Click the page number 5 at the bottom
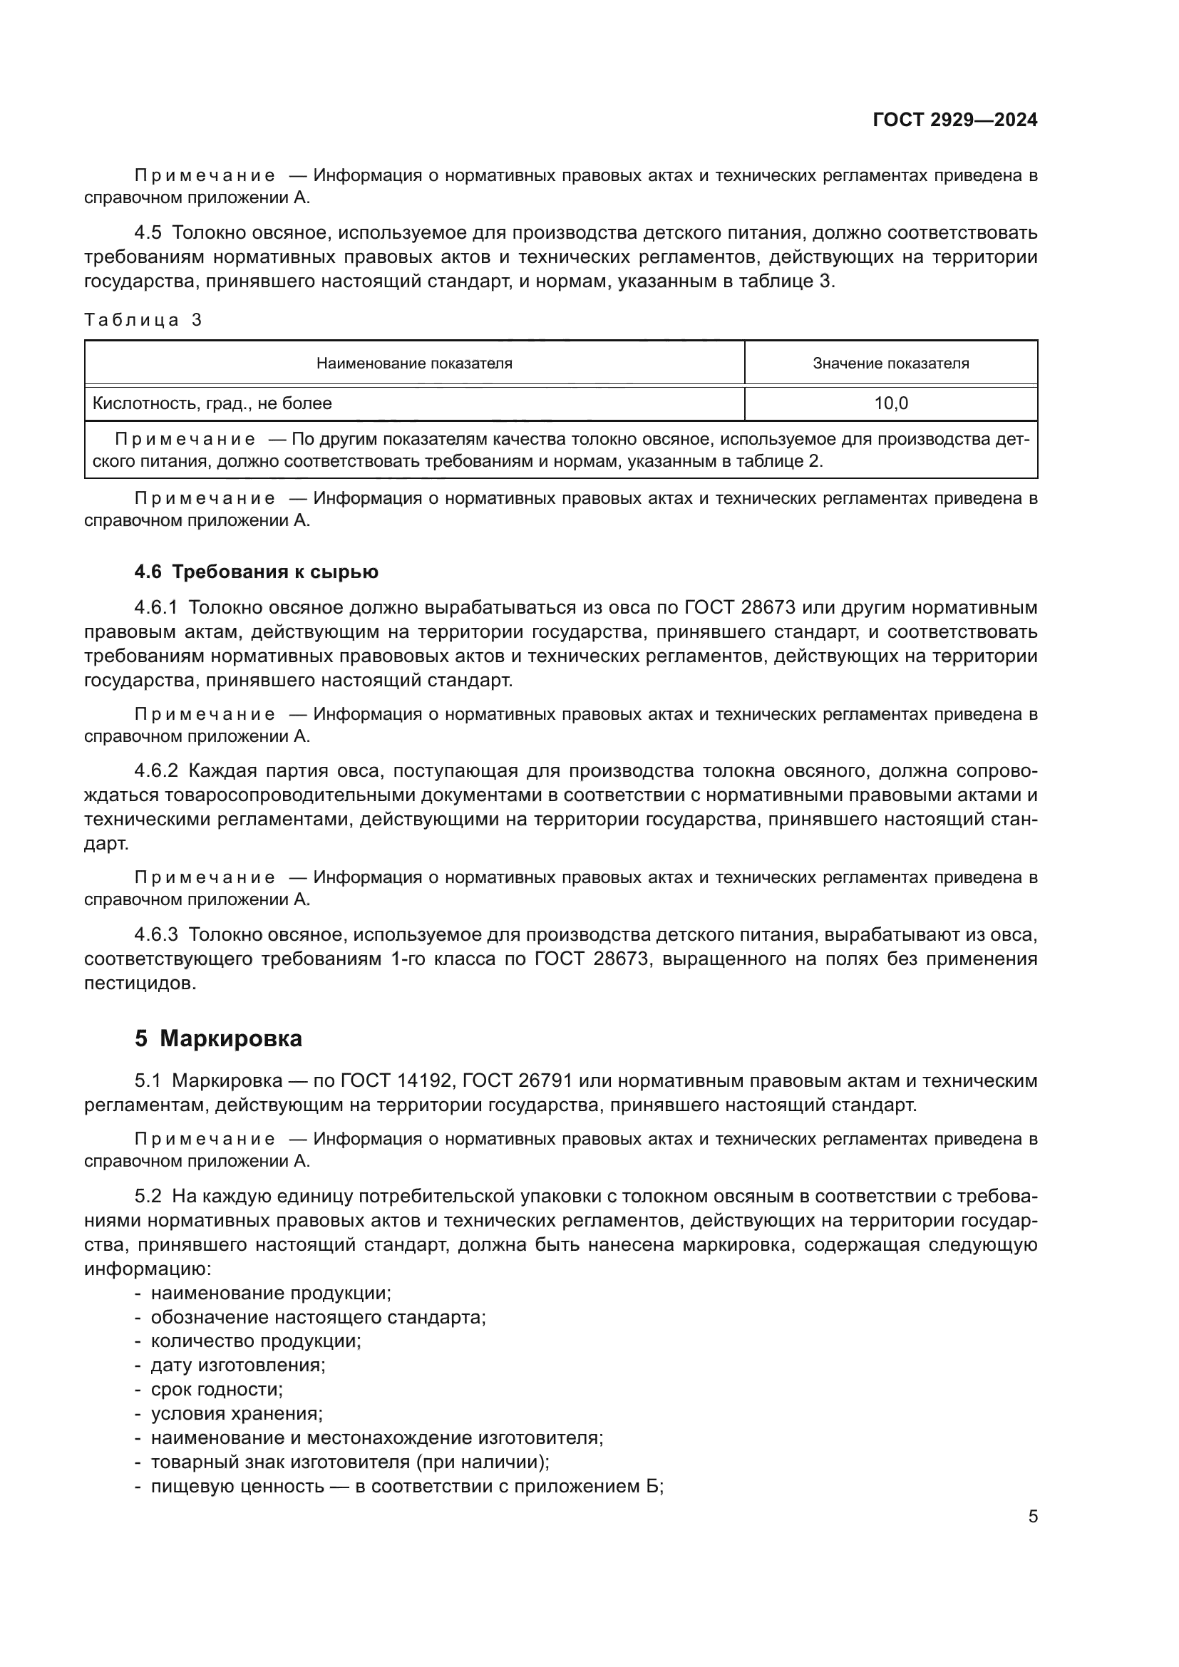tap(1032, 1516)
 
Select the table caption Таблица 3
tap(143, 320)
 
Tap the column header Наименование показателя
tap(414, 363)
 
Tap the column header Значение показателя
tap(890, 363)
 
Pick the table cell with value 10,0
tap(890, 403)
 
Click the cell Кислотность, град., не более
tap(212, 403)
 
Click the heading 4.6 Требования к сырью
tap(257, 572)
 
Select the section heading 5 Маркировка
tap(218, 1039)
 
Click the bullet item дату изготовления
tap(237, 1365)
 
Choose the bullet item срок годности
tap(217, 1389)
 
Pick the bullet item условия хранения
tap(236, 1413)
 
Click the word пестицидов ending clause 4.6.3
tap(140, 984)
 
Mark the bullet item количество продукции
tap(256, 1341)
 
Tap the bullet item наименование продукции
tap(270, 1292)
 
